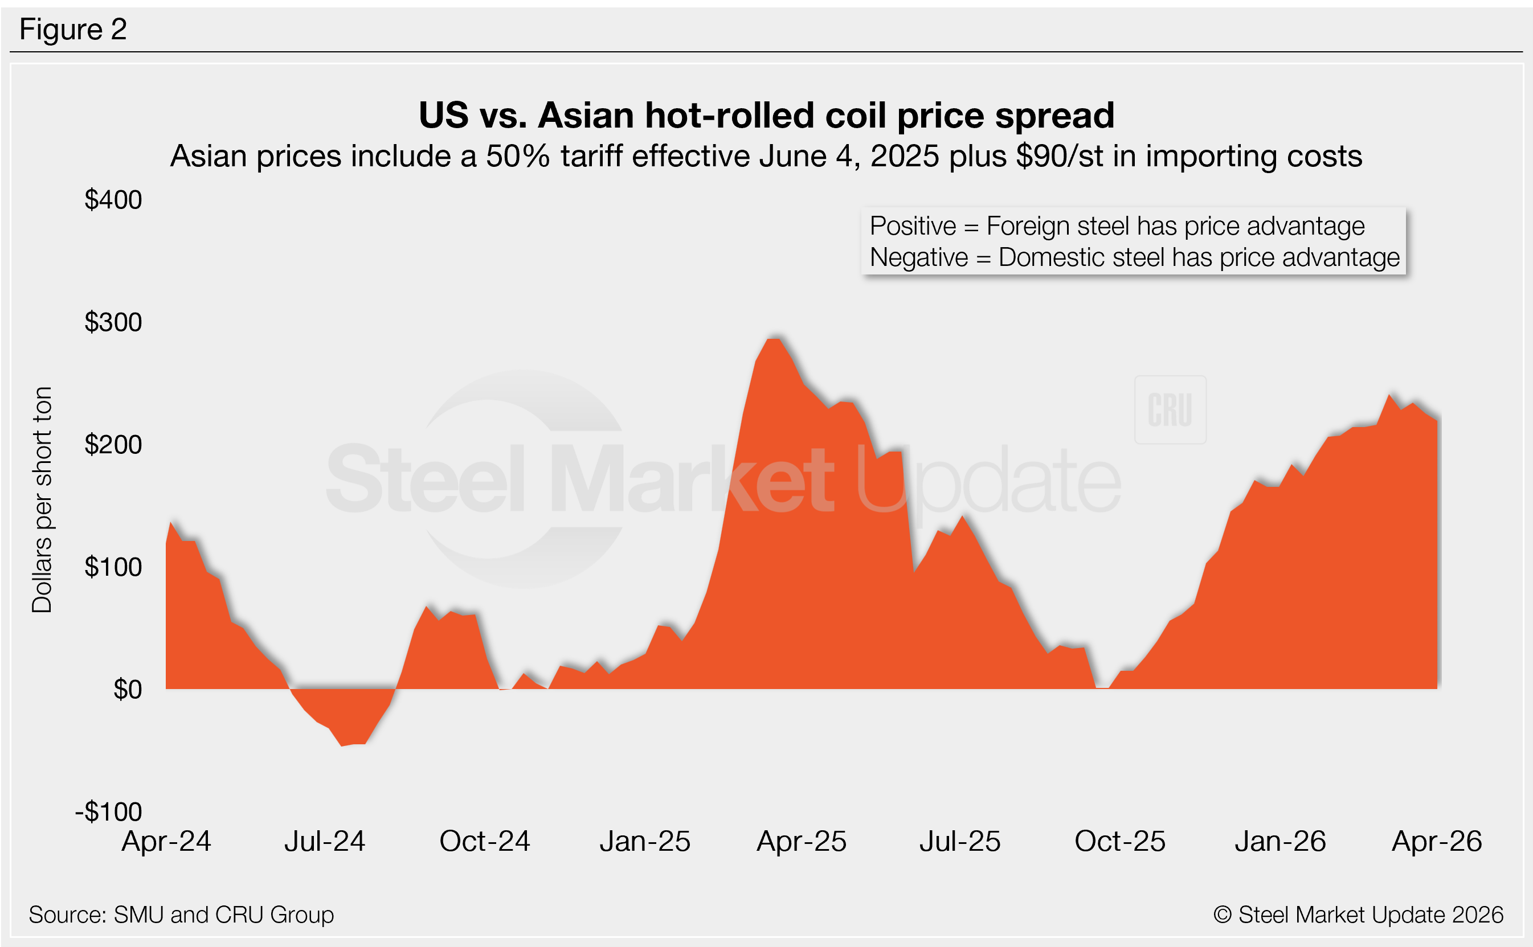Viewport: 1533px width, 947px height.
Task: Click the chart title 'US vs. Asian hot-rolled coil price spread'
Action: pos(766,115)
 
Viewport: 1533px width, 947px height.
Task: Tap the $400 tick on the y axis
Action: pos(113,200)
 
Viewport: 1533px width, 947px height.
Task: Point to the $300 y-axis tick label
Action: pos(113,322)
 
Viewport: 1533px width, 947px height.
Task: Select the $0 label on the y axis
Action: pos(127,690)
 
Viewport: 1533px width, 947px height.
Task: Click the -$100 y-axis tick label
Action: pos(109,811)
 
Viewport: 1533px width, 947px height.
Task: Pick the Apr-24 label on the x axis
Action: pos(166,841)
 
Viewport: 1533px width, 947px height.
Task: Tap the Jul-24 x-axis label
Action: pos(325,841)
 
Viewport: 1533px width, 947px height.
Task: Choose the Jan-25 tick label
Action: pos(645,841)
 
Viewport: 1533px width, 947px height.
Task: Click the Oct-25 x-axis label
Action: pos(1119,841)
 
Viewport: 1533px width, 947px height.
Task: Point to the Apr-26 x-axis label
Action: pos(1437,841)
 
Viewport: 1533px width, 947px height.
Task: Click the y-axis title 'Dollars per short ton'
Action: pos(42,499)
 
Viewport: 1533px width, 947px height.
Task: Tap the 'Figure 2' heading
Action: pos(73,30)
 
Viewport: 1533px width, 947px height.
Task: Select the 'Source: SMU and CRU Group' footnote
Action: pos(181,915)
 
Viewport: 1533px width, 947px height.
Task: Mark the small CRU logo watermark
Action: pos(1170,410)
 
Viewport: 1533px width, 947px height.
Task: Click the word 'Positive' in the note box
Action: pos(913,226)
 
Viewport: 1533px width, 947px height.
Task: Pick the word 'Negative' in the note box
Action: pos(918,257)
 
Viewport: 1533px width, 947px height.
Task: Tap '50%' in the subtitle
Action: pos(517,157)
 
